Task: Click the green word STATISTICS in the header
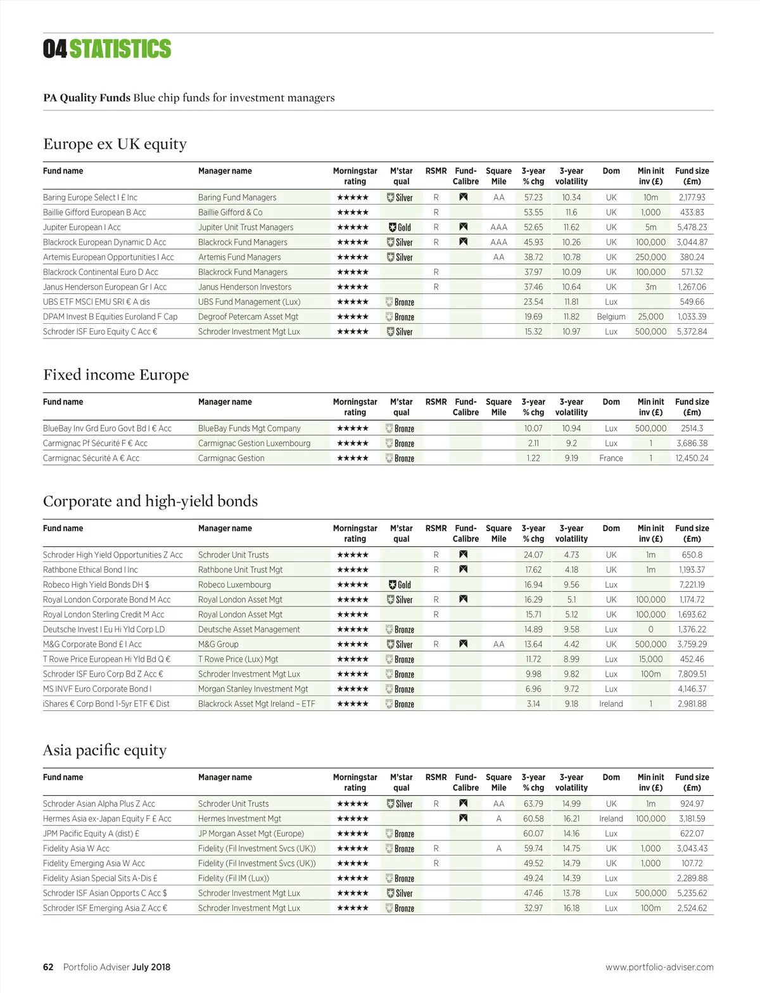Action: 120,49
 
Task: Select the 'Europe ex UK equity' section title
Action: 115,144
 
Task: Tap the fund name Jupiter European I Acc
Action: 82,227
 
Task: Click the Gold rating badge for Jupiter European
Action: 400,227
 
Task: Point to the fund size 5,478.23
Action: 692,227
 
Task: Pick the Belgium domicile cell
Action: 611,317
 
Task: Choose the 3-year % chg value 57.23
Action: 533,198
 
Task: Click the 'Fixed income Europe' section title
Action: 116,375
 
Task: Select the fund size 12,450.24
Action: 692,458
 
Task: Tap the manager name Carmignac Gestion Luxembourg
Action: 254,444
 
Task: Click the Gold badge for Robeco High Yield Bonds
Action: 400,585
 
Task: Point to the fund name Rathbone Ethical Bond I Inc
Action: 90,570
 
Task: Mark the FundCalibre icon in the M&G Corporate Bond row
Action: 464,644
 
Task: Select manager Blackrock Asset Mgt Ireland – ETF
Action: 256,704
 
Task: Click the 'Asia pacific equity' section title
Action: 104,750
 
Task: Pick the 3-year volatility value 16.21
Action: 571,819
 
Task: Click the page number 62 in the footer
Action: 48,967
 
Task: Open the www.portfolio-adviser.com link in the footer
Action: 659,967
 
